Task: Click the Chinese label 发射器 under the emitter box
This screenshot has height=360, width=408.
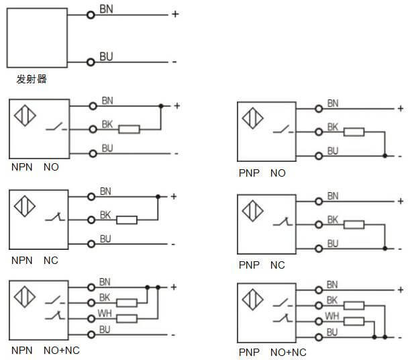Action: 32,79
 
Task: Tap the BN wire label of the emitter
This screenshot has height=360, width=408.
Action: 106,9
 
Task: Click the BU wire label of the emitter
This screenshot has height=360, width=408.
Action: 106,57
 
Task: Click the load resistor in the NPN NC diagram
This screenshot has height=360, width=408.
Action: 127,220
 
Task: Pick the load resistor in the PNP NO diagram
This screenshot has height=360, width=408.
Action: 354,132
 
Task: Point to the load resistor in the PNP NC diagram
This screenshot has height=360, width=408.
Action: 354,224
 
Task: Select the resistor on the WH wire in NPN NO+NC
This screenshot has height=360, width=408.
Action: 127,318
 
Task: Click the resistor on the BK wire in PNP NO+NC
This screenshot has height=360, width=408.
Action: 354,305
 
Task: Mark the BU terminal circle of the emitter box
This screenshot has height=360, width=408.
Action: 91,62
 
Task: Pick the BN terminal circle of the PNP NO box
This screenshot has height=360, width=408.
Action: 317,108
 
